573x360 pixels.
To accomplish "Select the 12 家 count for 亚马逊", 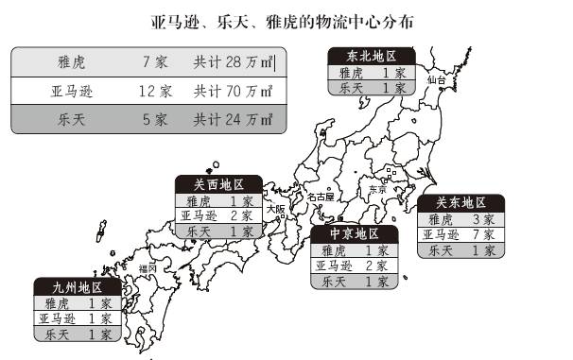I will tap(154, 92).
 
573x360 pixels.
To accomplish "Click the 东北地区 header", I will tap(371, 57).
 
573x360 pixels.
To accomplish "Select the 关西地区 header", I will tap(218, 184).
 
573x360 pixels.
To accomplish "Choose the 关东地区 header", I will tap(461, 203).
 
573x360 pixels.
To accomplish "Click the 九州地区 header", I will tap(75, 287).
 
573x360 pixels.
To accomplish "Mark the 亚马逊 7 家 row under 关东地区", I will tap(461, 234).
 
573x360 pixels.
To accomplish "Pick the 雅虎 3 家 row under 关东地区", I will tap(461, 219).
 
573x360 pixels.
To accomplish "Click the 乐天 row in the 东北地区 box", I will tap(371, 88).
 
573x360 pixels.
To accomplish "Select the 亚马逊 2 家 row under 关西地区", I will tap(218, 215).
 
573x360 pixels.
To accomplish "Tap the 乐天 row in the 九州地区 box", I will tap(75, 334).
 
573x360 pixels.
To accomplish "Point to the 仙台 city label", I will tap(435, 81).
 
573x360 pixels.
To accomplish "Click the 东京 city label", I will tap(377, 189).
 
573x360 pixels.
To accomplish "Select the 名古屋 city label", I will tap(321, 197).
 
